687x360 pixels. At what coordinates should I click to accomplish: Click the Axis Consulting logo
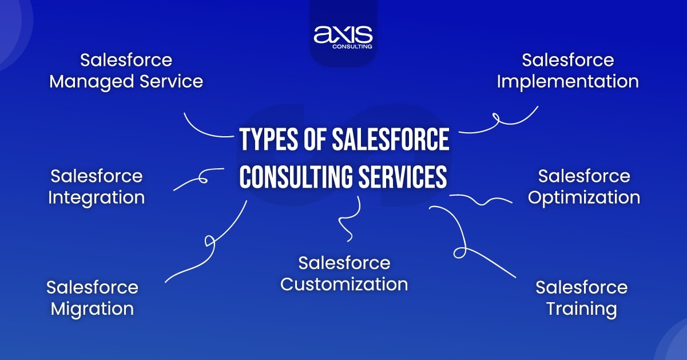click(343, 36)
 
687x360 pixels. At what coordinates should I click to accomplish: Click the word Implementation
click(567, 81)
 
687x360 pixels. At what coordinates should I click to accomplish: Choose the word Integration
click(96, 197)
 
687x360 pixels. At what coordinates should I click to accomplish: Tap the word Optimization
click(583, 197)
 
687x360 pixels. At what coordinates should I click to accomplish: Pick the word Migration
click(92, 309)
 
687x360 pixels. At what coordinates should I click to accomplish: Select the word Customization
click(344, 284)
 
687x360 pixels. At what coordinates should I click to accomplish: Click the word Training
click(581, 309)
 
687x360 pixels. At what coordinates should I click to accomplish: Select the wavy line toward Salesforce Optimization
click(480, 200)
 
